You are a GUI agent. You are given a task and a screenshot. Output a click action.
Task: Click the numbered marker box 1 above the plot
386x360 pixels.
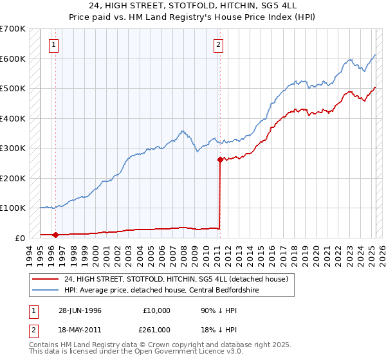(x=53, y=45)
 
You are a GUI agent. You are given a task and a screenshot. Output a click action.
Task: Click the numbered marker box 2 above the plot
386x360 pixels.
(x=219, y=45)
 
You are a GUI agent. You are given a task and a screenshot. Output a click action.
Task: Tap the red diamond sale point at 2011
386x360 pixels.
(x=220, y=160)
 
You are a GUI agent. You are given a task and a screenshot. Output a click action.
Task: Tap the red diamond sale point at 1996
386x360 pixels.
(x=56, y=235)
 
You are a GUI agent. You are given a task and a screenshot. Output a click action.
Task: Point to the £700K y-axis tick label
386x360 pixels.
(x=13, y=29)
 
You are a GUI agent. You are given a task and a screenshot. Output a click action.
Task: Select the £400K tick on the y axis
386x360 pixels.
(x=13, y=118)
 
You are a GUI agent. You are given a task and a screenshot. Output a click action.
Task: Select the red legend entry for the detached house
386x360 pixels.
(x=179, y=279)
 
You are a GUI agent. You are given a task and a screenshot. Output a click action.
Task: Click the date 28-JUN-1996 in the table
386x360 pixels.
(x=80, y=310)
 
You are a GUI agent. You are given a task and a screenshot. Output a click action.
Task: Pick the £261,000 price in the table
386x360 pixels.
(x=157, y=329)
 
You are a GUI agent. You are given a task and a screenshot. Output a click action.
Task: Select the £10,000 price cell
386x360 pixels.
(x=157, y=310)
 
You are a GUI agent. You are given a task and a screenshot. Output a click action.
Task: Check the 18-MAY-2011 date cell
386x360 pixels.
(x=80, y=329)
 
